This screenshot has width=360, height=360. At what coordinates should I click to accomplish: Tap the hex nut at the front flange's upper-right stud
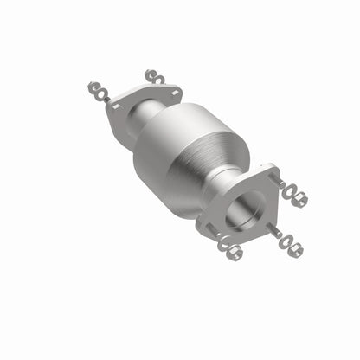[300, 201]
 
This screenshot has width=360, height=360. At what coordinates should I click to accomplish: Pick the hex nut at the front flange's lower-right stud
[296, 250]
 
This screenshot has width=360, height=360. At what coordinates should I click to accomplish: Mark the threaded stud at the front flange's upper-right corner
[278, 182]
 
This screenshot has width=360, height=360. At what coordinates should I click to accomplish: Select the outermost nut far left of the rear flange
[93, 87]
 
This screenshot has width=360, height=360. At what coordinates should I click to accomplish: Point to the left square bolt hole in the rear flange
[116, 106]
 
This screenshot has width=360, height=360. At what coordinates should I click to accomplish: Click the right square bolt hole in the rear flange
[176, 91]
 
